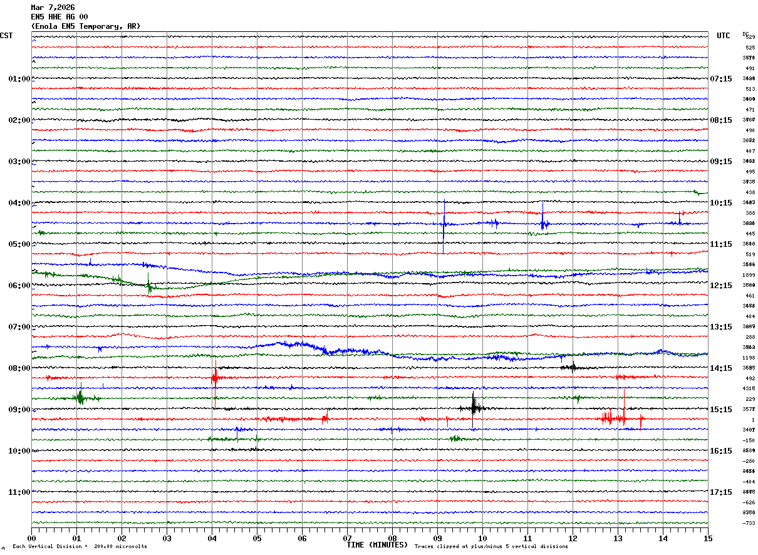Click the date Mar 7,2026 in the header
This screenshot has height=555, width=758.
coord(53,8)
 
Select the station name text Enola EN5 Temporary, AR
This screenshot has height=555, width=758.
coord(86,26)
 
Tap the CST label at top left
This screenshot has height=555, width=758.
coord(6,36)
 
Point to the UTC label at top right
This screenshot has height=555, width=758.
coord(724,36)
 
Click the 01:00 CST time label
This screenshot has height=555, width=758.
coord(19,79)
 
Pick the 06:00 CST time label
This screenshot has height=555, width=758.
coord(19,286)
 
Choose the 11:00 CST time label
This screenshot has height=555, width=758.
coord(19,492)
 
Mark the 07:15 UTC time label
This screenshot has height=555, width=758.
coord(721,79)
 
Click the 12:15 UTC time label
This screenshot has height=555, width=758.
coord(721,286)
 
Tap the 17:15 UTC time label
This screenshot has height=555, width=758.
coord(721,492)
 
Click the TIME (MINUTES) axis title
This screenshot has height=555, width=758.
coord(377,545)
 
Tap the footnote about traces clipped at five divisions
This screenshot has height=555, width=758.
coord(491,547)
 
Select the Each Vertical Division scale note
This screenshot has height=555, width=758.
coord(80,547)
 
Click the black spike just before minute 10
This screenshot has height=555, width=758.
coord(474,407)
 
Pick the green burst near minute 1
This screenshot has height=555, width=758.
coord(80,397)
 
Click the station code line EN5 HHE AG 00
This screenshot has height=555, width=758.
coord(60,17)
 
